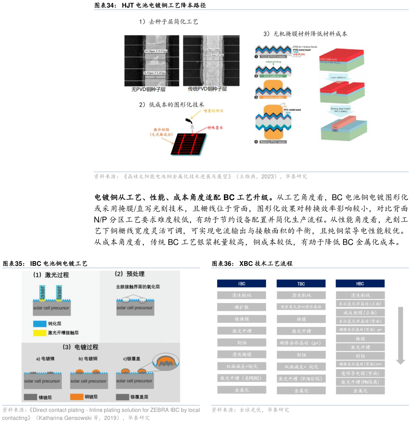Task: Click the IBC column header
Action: point(241,283)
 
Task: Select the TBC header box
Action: point(301,283)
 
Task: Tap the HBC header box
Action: point(360,283)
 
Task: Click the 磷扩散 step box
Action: point(241,307)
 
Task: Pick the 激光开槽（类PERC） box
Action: point(241,378)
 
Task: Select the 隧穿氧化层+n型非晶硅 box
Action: point(301,307)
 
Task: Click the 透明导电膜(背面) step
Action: point(360,374)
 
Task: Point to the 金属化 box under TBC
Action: point(301,391)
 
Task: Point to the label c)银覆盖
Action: point(132,359)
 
